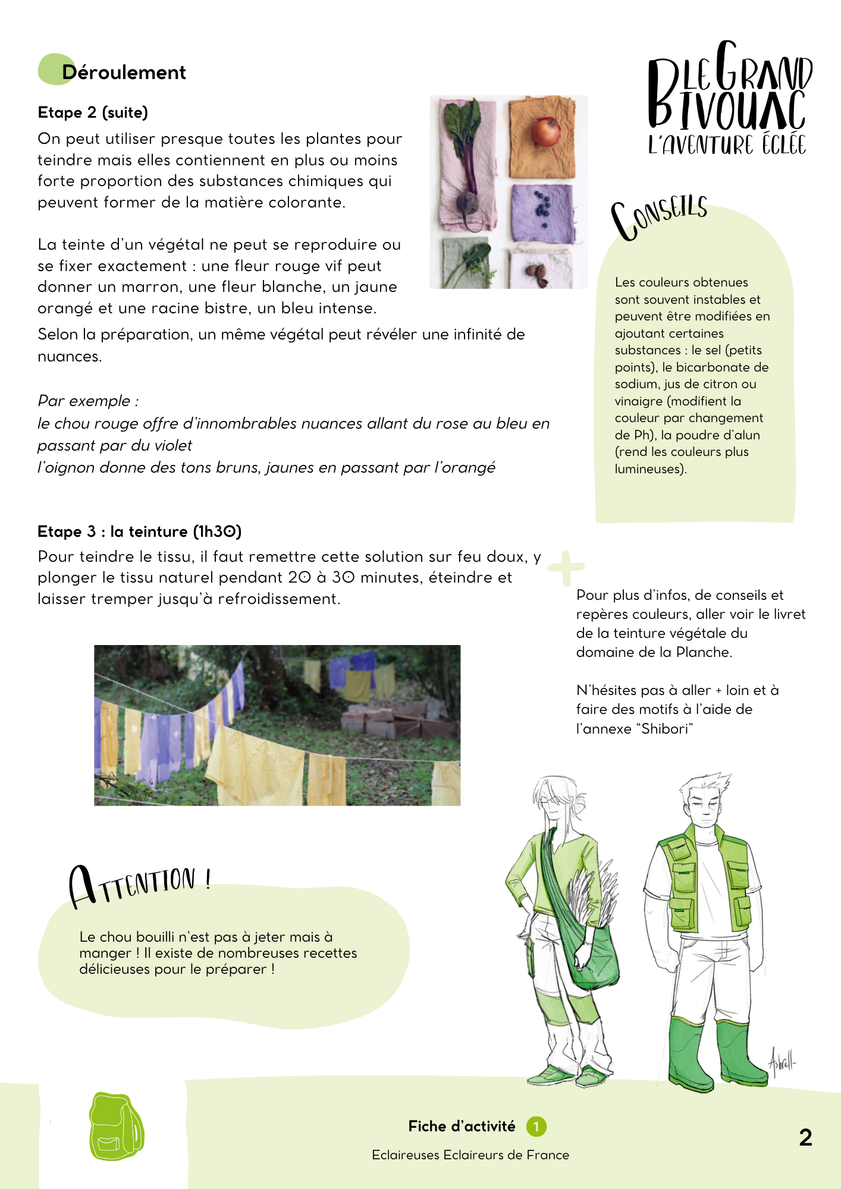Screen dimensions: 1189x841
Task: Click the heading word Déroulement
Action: coord(124,73)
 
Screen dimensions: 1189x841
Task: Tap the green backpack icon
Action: coord(116,1127)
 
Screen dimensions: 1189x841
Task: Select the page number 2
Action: coord(805,1137)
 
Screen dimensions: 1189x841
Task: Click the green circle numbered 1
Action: coord(536,1126)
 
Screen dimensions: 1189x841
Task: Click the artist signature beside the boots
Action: coord(782,1062)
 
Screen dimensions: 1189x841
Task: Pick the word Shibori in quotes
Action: coord(664,729)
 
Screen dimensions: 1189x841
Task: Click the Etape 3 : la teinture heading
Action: coord(139,531)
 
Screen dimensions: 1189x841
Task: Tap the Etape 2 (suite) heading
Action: coord(93,112)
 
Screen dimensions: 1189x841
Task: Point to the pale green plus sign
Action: coord(566,567)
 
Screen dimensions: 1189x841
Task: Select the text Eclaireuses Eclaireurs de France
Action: coord(470,1155)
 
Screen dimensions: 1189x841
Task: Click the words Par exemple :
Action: coord(88,401)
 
